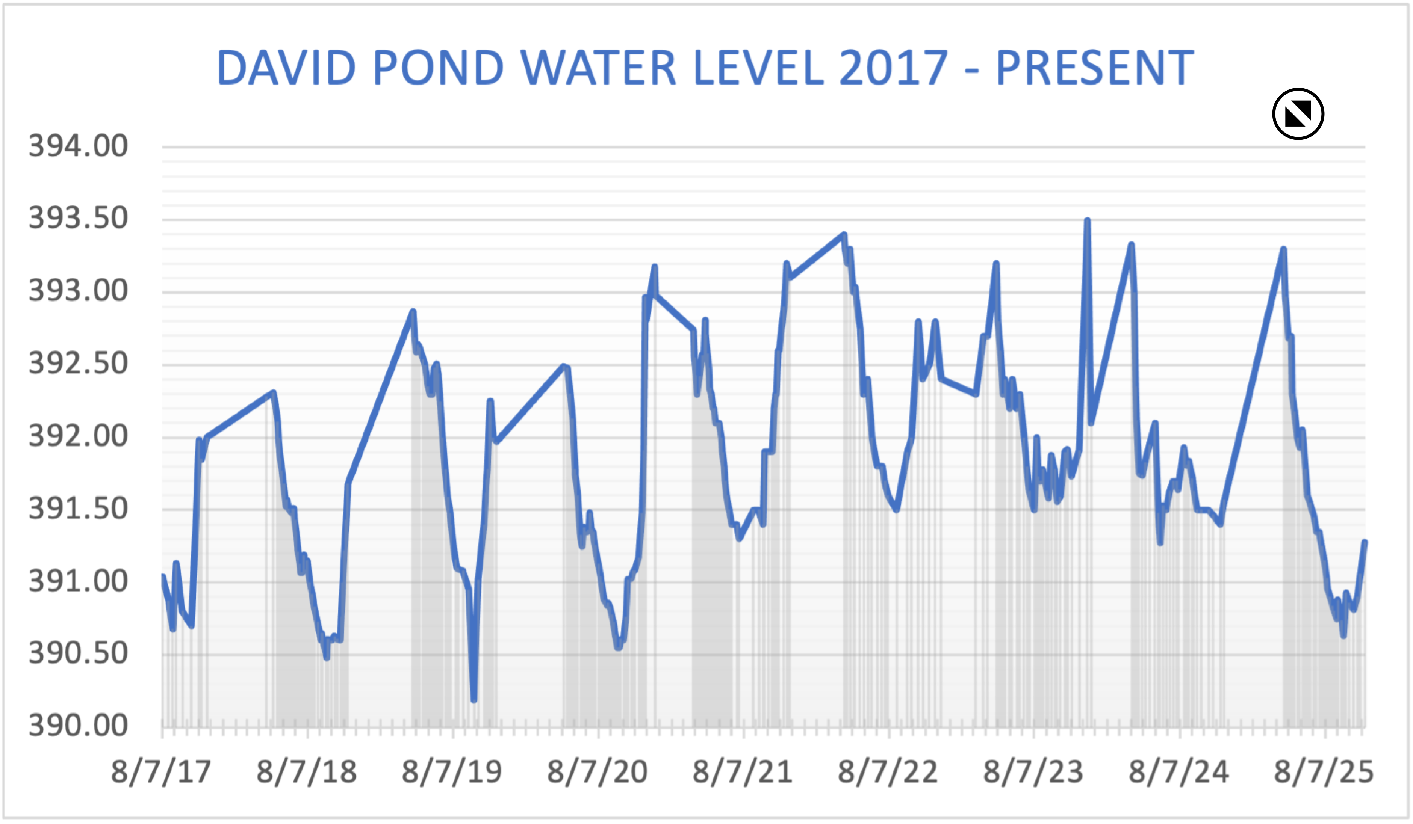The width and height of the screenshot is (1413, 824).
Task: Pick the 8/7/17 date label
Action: click(x=161, y=772)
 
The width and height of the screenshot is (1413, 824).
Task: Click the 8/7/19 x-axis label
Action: click(x=452, y=772)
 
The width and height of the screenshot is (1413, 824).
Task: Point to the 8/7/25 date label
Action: click(x=1324, y=772)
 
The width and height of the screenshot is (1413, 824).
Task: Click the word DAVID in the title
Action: click(x=286, y=68)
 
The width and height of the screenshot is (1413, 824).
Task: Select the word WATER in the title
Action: click(x=599, y=68)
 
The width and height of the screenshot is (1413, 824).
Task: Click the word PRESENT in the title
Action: click(x=1095, y=68)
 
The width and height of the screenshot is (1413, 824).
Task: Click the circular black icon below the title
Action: click(x=1298, y=114)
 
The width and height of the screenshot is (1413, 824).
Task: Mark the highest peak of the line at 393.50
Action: click(x=1087, y=220)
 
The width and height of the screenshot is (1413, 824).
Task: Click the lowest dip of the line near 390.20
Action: click(x=474, y=700)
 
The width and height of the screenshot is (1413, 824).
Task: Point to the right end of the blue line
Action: click(x=1365, y=542)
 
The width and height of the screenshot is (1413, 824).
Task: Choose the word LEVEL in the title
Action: click(x=759, y=68)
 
